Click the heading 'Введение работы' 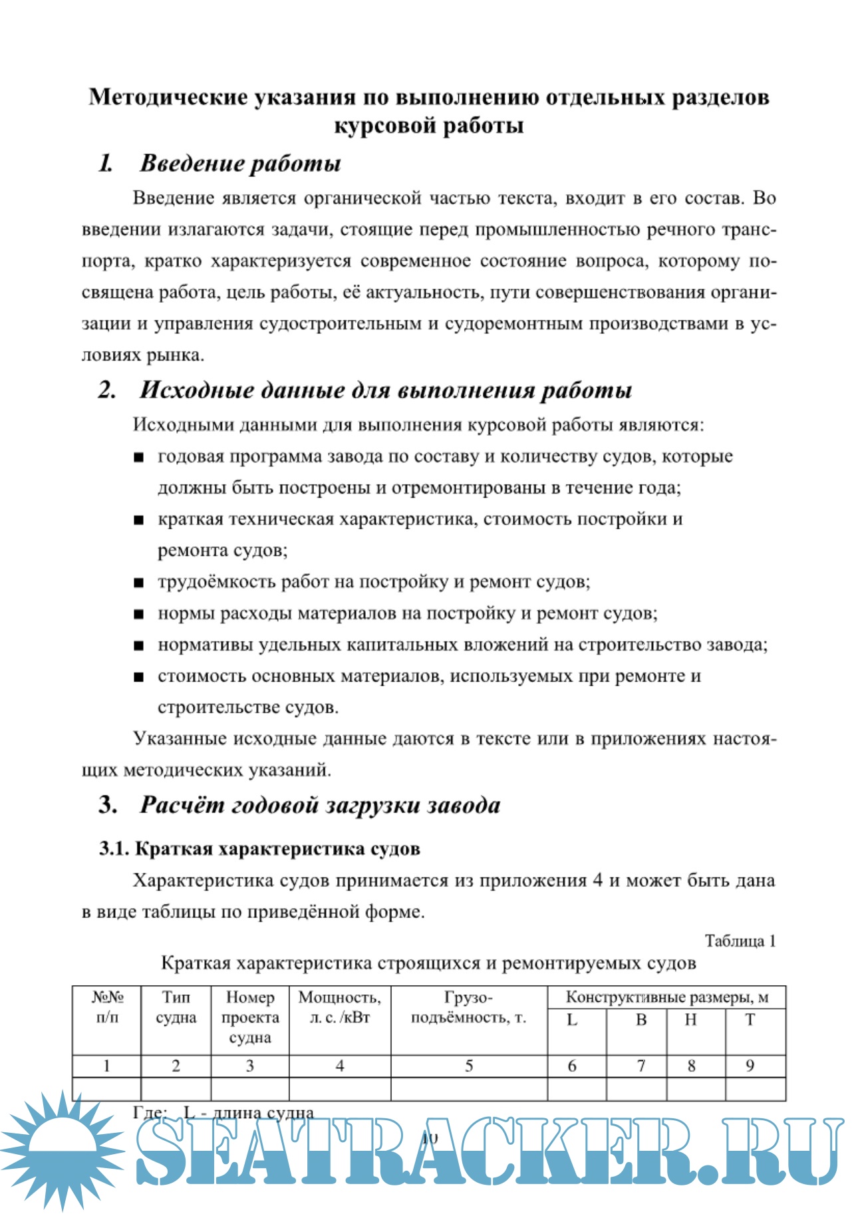click(x=240, y=164)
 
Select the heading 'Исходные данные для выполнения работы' click(x=385, y=390)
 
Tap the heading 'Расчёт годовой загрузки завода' click(x=319, y=805)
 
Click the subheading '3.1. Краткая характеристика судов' click(x=259, y=849)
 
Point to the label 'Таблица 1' click(x=740, y=941)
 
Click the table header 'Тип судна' click(x=176, y=1007)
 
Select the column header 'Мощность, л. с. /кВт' click(x=339, y=1007)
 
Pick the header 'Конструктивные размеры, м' click(x=666, y=997)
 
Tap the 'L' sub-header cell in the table click(x=572, y=1020)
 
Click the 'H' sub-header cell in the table click(x=691, y=1020)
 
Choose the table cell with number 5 click(x=469, y=1066)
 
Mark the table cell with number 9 click(x=750, y=1066)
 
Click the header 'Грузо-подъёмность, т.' click(x=468, y=1007)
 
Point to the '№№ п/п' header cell click(x=107, y=1007)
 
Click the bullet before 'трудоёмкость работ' click(x=138, y=583)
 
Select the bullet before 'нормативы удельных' click(x=138, y=645)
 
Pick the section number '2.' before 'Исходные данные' click(x=107, y=390)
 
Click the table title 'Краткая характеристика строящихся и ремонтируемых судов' click(x=428, y=963)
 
